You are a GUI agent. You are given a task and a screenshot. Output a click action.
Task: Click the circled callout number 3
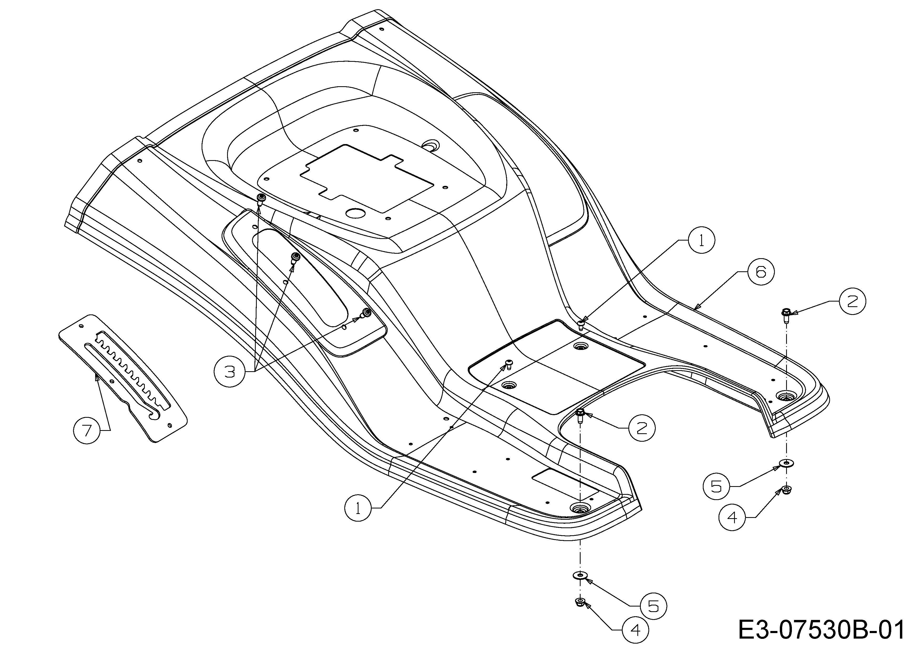tap(229, 371)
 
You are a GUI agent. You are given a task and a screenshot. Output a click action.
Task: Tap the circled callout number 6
tap(761, 272)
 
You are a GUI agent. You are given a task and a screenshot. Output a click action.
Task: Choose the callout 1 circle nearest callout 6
tap(701, 240)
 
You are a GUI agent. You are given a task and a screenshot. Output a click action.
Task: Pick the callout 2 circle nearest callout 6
tap(852, 301)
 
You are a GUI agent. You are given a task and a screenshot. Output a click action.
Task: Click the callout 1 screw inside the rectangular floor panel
tap(509, 364)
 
